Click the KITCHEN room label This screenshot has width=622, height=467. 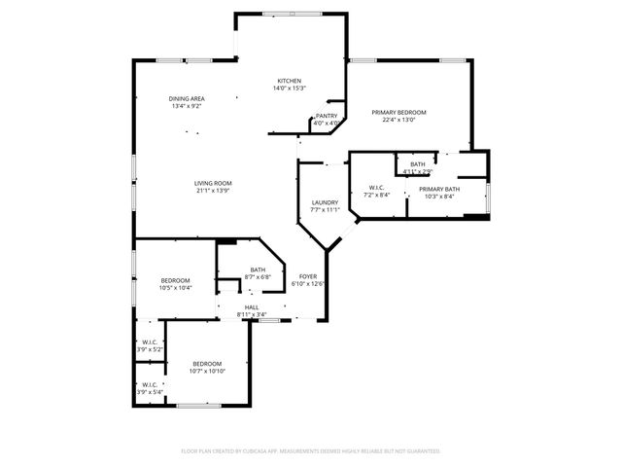[x=289, y=81]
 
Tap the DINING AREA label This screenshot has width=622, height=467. [x=187, y=98]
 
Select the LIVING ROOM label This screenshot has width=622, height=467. [x=212, y=183]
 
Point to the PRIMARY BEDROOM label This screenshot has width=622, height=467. [x=398, y=113]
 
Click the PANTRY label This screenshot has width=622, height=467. [x=327, y=116]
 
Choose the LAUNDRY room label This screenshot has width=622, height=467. [x=325, y=201]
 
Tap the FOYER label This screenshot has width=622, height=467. [x=308, y=276]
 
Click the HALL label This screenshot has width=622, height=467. [x=251, y=307]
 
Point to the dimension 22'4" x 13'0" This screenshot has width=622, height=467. [x=398, y=121]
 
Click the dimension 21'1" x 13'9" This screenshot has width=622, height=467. [x=212, y=191]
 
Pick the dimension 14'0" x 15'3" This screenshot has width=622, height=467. [x=289, y=89]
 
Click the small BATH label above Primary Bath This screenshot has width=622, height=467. [x=418, y=164]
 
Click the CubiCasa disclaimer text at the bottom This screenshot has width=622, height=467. [x=311, y=450]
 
